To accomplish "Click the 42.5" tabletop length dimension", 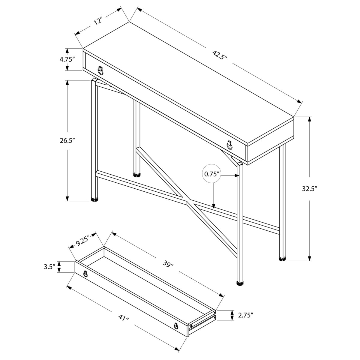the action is pos(220,55).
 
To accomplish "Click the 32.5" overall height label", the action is pos(310,189).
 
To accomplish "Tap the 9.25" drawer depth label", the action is pos(82,243).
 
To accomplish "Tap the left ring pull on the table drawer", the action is pos(100,70).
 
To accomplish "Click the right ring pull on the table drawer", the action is pos(229,145).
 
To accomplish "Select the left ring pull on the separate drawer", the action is pos(85,274).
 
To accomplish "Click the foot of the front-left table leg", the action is pos(94,199).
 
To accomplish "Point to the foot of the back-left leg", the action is pos(137,175).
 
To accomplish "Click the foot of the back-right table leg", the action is pos(282,259).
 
